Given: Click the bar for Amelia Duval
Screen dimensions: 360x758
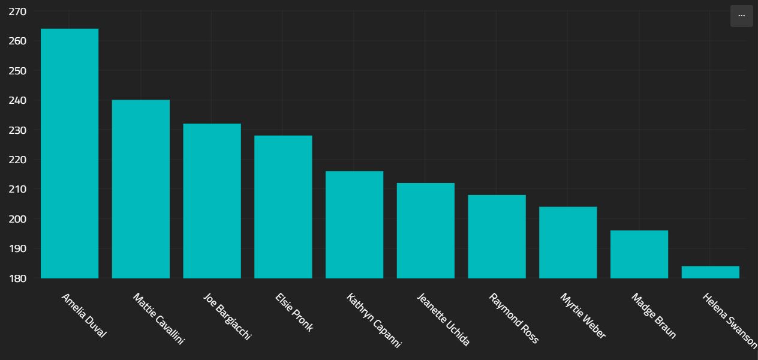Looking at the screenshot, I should coord(70,154).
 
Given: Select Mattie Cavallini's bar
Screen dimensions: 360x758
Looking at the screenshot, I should coord(141,189).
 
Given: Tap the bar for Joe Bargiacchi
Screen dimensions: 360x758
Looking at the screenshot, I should coord(212,201).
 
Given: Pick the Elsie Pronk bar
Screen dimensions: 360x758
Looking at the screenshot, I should coord(283,207).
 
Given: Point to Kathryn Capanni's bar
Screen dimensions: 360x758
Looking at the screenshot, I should coord(354,225).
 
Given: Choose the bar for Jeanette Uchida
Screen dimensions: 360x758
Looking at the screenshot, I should coord(426,231).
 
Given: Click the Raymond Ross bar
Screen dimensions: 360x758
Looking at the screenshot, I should coord(497,237).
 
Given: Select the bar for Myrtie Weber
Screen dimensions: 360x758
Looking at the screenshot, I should coord(568,243).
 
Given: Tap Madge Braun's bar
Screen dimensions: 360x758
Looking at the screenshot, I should coord(639,255).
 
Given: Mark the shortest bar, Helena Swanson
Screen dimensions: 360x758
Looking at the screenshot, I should coord(711,272).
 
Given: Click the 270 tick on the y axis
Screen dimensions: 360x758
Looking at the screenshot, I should coord(18,11).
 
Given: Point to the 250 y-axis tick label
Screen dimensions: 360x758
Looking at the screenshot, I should coord(18,71).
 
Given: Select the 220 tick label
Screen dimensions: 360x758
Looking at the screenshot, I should coord(18,160).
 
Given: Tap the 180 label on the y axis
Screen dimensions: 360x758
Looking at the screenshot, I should coord(18,278).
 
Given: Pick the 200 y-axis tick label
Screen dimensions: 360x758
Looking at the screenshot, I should coord(18,219).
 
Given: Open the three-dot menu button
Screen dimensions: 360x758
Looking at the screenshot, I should coord(741,16).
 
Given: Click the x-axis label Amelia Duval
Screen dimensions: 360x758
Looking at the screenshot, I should coord(83,316).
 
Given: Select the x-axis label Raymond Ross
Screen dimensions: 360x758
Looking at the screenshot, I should coord(513,318).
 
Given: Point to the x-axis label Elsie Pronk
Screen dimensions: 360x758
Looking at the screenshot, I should coord(294,312).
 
